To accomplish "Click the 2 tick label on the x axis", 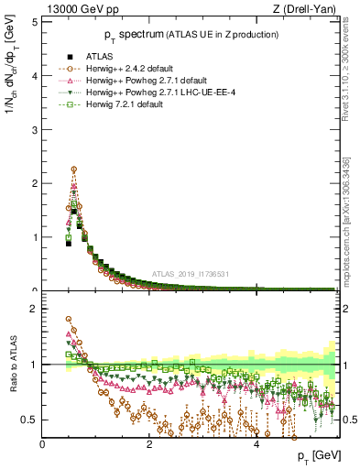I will pyautogui.click(x=149, y=443).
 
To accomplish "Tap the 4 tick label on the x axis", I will pyautogui.click(x=256, y=443).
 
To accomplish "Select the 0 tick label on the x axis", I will pyautogui.click(x=42, y=443).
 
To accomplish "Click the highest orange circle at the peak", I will pyautogui.click(x=73, y=169).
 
